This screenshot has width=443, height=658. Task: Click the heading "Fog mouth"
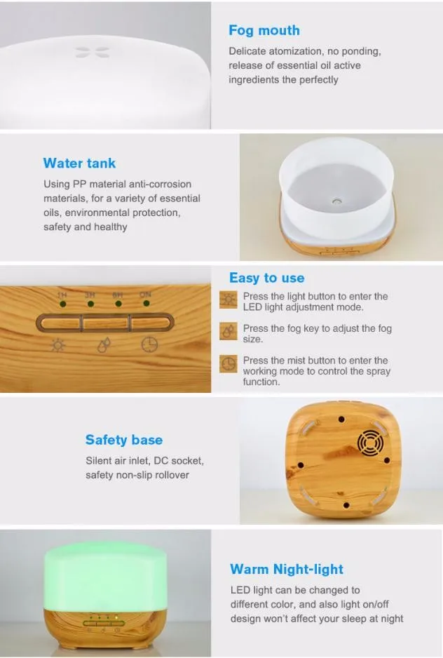[264, 30]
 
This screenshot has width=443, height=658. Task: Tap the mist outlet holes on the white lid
[93, 53]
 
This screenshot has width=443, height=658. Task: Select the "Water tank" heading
[79, 163]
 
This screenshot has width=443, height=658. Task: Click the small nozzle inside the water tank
[336, 201]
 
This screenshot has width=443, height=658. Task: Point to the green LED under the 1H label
[63, 304]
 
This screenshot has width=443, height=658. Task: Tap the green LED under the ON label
[146, 303]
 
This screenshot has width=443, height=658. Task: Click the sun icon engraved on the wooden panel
[58, 345]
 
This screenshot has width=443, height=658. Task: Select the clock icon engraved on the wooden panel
[149, 344]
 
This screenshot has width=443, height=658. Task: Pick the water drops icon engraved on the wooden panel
[104, 345]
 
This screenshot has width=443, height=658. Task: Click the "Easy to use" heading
[267, 278]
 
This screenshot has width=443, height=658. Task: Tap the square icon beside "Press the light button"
[229, 300]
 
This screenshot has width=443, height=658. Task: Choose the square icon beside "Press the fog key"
[229, 331]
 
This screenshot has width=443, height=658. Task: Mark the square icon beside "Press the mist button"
[229, 363]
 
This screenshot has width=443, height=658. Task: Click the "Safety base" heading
[124, 439]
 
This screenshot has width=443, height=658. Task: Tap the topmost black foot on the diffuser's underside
[341, 419]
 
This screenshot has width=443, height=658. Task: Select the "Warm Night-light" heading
[287, 569]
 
